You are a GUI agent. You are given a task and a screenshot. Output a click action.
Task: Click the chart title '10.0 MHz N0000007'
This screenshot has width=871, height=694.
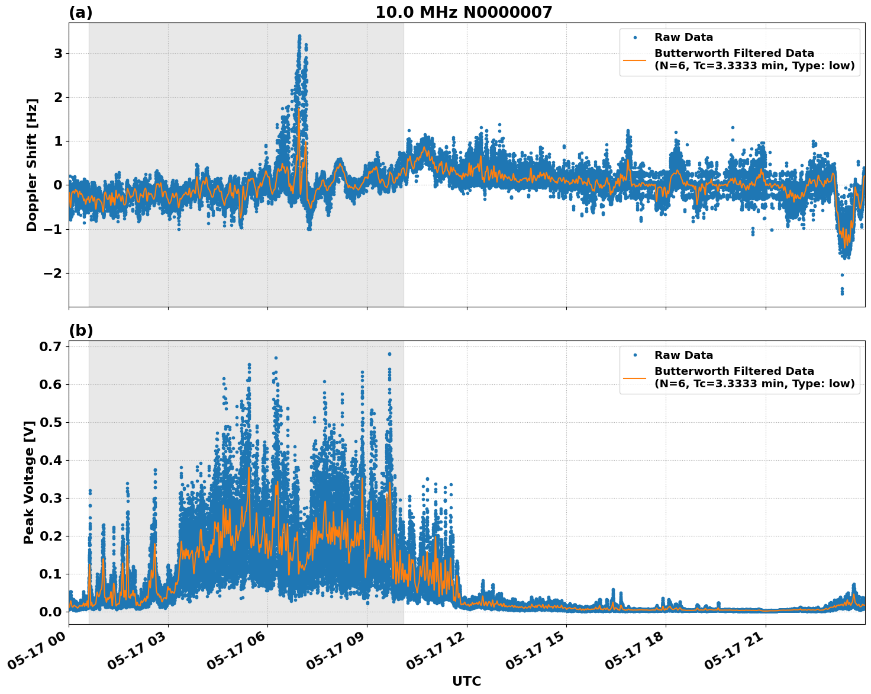click(463, 12)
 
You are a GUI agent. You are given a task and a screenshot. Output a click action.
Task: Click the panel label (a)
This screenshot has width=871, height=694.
click(80, 12)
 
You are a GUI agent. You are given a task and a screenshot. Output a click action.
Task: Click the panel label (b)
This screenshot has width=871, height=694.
click(80, 330)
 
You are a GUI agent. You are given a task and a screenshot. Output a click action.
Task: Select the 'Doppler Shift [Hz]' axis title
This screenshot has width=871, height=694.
click(32, 165)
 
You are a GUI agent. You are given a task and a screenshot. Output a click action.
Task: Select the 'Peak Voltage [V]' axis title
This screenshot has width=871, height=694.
click(29, 482)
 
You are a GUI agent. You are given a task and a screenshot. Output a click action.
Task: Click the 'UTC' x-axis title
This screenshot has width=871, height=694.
click(466, 681)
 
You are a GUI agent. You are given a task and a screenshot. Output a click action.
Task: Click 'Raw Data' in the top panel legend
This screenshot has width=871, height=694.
click(683, 37)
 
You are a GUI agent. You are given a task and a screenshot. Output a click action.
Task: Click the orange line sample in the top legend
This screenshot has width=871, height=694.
click(635, 59)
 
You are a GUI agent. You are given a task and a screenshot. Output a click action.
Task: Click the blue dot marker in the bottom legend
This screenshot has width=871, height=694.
click(635, 355)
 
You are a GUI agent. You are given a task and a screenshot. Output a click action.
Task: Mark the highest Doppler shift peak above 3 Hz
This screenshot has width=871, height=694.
click(299, 36)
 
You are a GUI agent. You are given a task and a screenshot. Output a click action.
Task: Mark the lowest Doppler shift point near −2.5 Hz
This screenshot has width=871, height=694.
click(842, 293)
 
